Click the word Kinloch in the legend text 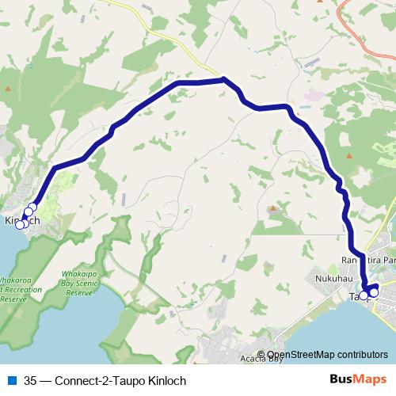tap(166, 380)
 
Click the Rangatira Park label tap(367, 258)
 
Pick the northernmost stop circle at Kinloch tap(32, 207)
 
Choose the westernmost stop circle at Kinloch tap(20, 224)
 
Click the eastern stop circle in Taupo tap(374, 292)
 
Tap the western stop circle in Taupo tap(364, 296)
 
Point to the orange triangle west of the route tap(273, 208)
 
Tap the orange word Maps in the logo tap(369, 380)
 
